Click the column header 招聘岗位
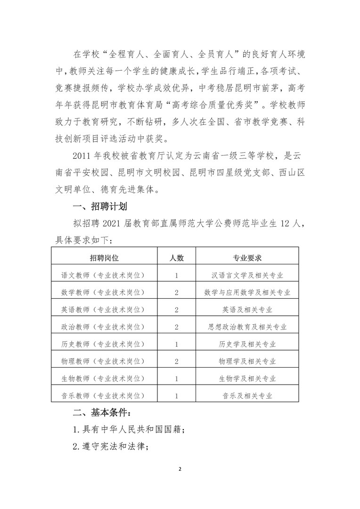pos(103,258)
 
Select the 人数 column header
pos(176,258)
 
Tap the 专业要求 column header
pos(247,258)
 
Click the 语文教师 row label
pos(103,275)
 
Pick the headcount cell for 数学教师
pos(176,293)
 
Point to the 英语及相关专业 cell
pos(247,310)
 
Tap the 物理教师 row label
pos(103,361)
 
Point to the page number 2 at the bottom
pos(180,469)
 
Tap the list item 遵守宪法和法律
pos(111,447)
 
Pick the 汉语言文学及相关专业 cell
pos(247,275)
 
